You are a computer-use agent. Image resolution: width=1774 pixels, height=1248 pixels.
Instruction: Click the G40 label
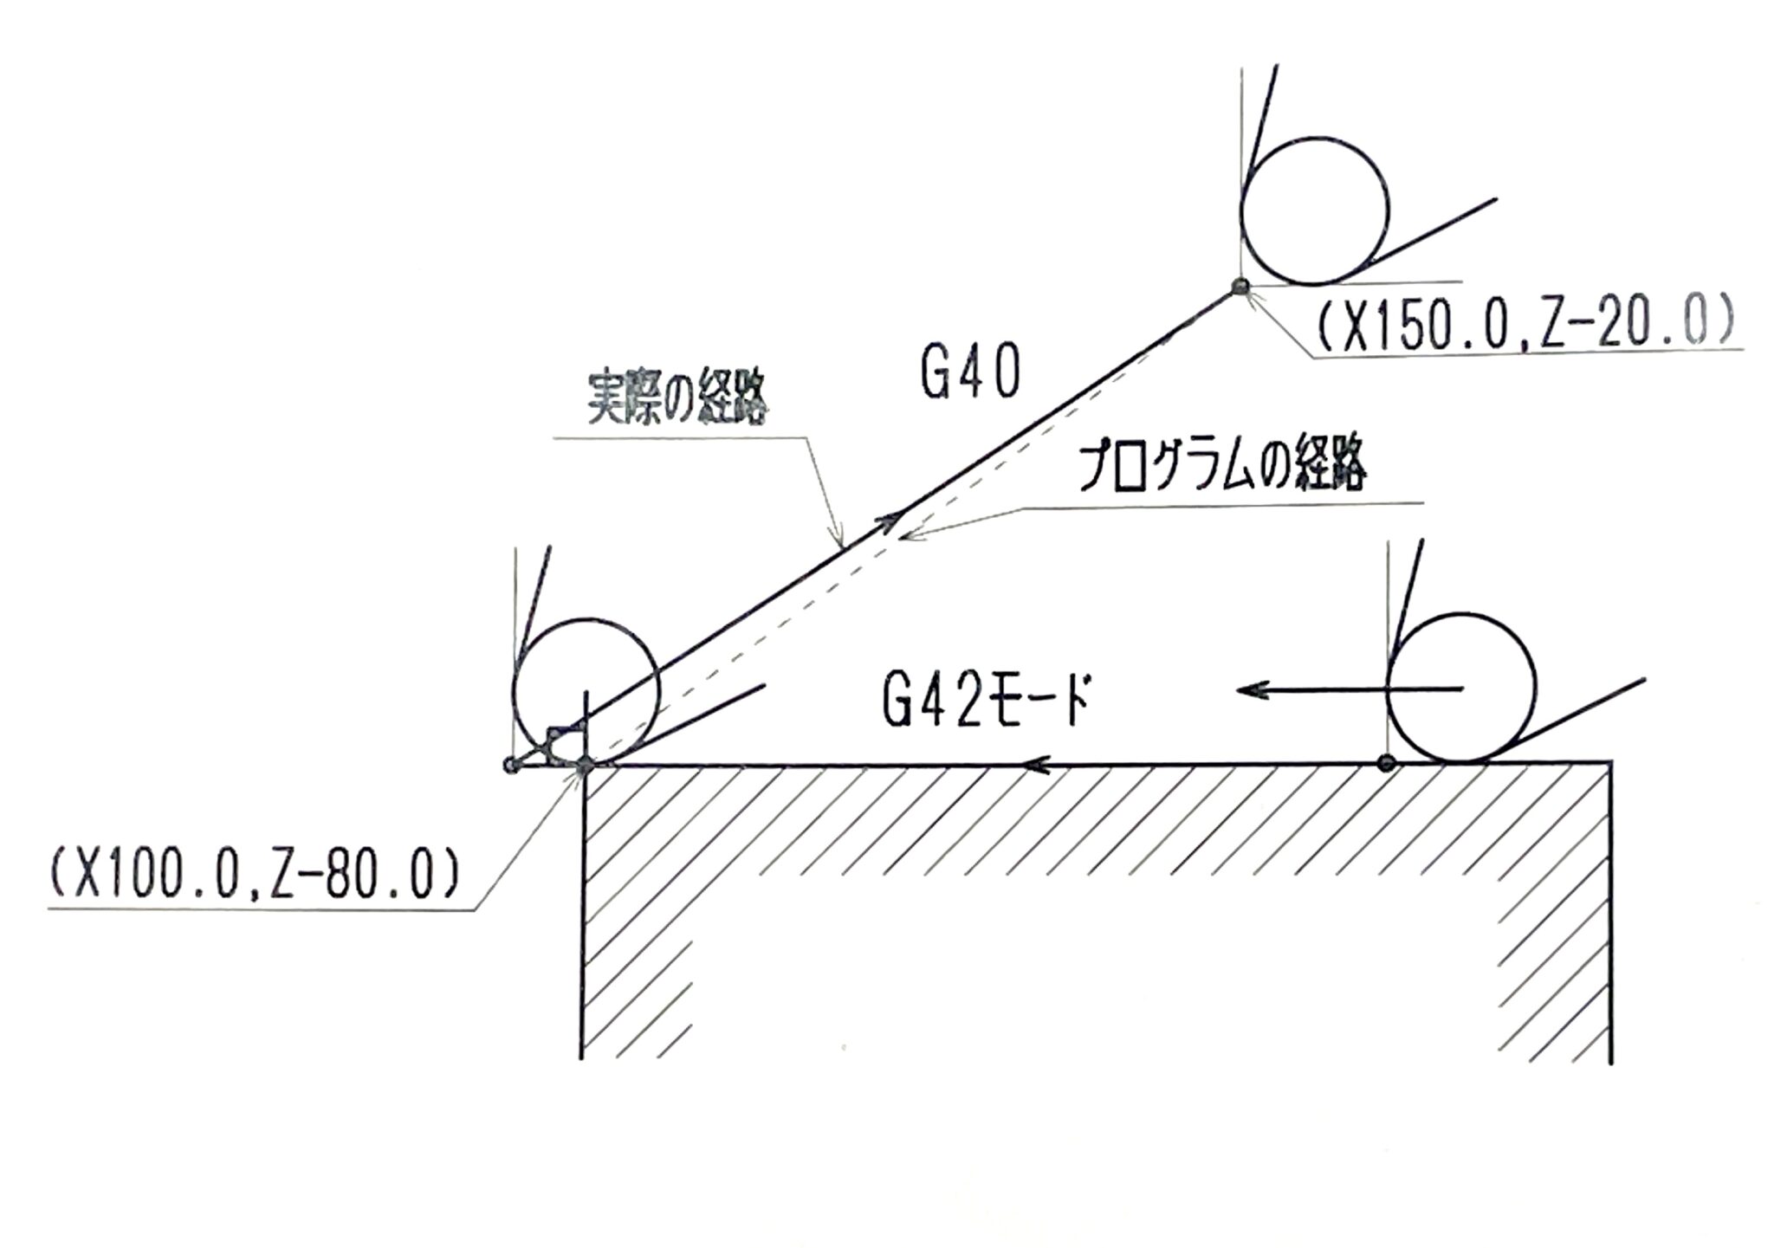(970, 373)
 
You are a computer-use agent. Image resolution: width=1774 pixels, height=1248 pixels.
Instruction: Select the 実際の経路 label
(678, 399)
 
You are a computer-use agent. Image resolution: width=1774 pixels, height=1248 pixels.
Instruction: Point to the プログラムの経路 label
(1221, 469)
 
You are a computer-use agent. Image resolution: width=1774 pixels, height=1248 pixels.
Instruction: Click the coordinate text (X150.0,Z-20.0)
(1525, 326)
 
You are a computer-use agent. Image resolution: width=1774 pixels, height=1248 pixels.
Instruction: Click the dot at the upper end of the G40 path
(1240, 287)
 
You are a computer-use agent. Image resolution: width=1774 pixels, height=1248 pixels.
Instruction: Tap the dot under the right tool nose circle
(1387, 763)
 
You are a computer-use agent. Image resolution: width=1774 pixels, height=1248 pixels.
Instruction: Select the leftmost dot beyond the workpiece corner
(511, 765)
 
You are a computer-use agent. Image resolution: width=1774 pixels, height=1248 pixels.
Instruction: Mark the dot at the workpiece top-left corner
(586, 764)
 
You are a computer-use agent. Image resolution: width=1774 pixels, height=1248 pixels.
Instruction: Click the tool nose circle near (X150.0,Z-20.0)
(1314, 210)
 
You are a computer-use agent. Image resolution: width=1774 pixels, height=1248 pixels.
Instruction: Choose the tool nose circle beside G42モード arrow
(1461, 688)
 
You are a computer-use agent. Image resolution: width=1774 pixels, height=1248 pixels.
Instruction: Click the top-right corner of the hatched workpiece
(1610, 763)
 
